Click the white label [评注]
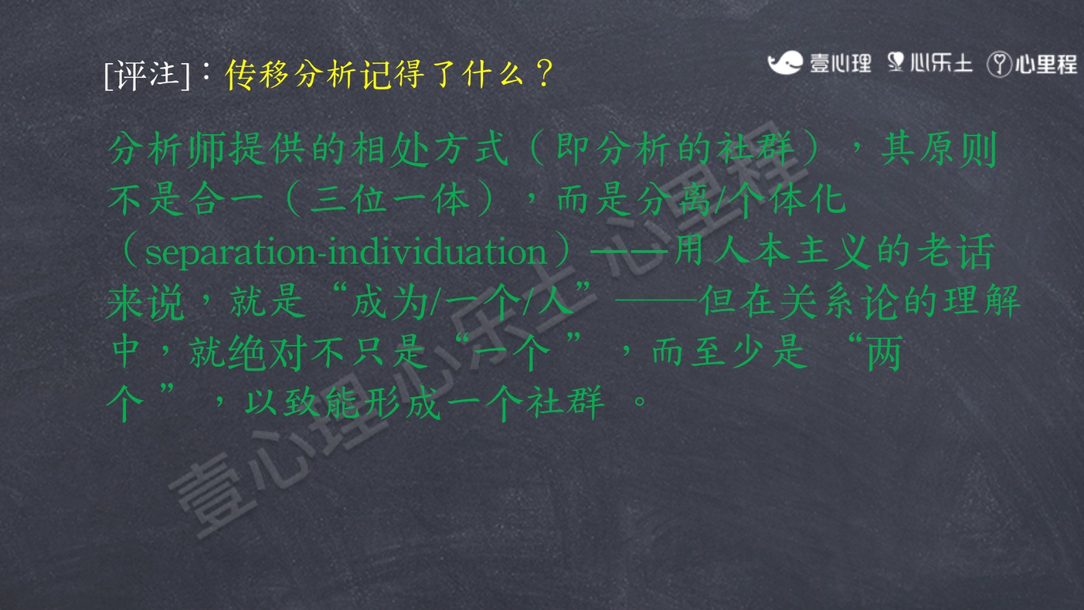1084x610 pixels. coord(146,75)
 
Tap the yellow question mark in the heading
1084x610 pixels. coord(545,74)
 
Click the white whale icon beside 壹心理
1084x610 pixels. coord(785,62)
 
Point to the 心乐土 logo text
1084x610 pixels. coord(942,62)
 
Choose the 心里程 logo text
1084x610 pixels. coord(1046,64)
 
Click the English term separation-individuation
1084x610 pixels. coord(346,251)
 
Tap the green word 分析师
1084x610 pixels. coord(167,148)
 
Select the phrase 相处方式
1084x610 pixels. coord(430,148)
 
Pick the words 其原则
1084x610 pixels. coord(939,148)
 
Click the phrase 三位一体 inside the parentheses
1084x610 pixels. coord(390,199)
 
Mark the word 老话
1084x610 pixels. coord(955,251)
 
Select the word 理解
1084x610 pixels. coord(982,302)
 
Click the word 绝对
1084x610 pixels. coord(268,352)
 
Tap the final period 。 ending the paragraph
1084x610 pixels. coord(640,401)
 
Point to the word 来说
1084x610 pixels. coord(145,302)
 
